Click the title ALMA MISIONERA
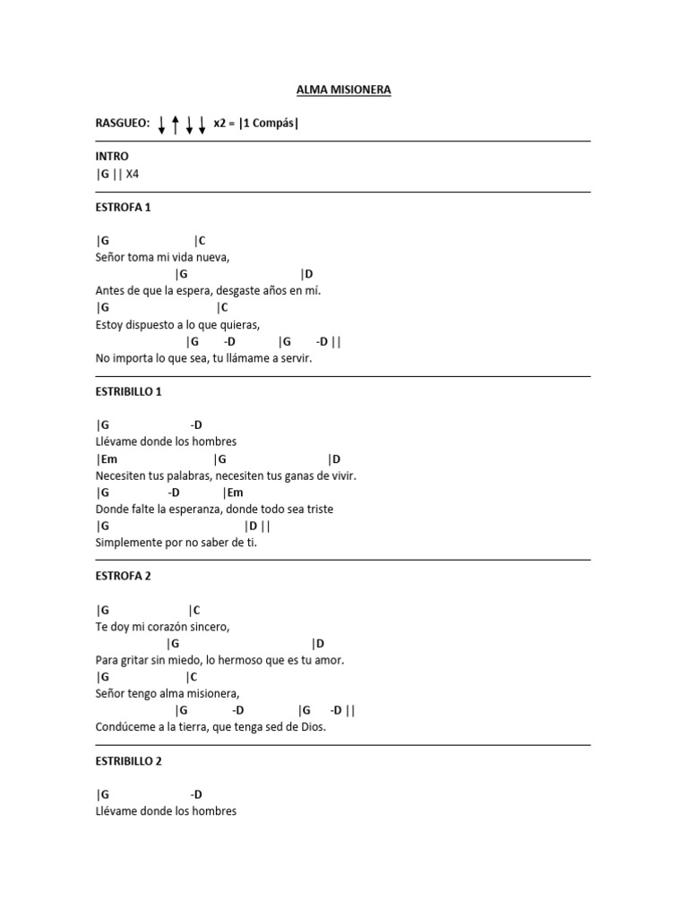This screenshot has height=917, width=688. [x=344, y=90]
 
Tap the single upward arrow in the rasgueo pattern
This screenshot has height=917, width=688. [x=176, y=124]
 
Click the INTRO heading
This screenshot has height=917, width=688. [x=112, y=157]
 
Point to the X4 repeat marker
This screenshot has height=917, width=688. [x=133, y=174]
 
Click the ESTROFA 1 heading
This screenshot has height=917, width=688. [x=123, y=208]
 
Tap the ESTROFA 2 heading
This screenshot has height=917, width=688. [x=123, y=577]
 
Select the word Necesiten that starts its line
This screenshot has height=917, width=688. [x=122, y=476]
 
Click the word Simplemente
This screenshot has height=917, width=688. [x=129, y=543]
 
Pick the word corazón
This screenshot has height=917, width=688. [x=168, y=627]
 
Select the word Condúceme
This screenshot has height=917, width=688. [x=126, y=727]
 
